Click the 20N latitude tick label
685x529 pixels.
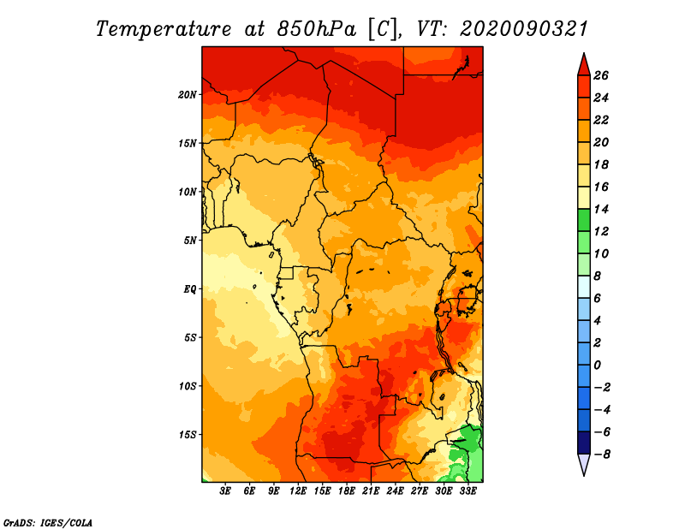(187, 94)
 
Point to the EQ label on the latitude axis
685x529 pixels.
(190, 288)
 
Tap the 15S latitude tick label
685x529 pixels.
(187, 434)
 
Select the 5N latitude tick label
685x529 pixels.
(190, 241)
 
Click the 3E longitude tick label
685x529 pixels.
(225, 491)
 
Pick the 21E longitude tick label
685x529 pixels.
(371, 491)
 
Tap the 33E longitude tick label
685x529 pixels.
(468, 491)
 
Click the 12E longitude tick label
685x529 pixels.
(297, 491)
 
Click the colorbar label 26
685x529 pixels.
(601, 75)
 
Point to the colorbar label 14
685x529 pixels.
(601, 209)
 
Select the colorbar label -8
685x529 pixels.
(602, 455)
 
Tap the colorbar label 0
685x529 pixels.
(597, 366)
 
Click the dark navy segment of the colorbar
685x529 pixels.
(584, 443)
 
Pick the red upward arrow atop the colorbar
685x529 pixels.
(584, 65)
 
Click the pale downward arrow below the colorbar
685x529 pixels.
(584, 465)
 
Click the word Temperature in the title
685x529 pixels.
(164, 29)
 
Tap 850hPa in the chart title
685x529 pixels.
(317, 29)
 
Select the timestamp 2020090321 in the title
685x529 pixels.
(524, 29)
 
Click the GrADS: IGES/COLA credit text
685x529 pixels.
(48, 522)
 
